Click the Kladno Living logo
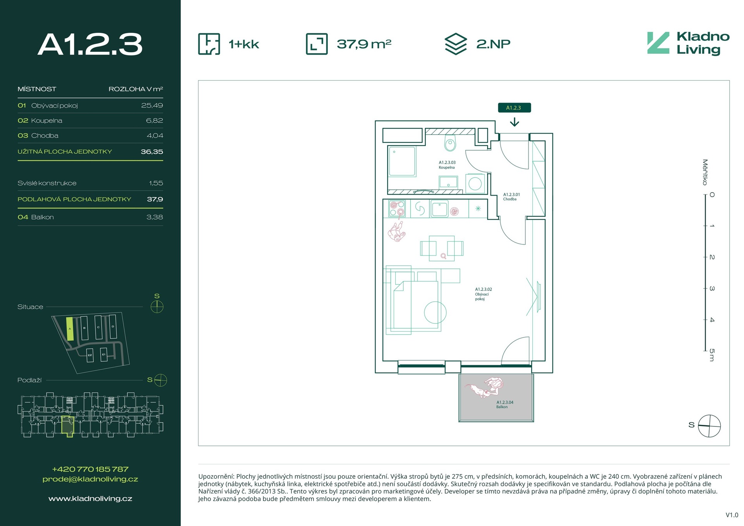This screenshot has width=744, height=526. pyautogui.click(x=688, y=43)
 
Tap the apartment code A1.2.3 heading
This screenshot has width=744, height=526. pyautogui.click(x=90, y=44)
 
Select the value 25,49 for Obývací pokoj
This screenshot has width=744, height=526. pyautogui.click(x=152, y=105)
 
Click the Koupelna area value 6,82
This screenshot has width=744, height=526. pyautogui.click(x=154, y=120)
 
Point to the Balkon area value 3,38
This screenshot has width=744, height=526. pyautogui.click(x=155, y=217)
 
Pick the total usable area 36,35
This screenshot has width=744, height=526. pyautogui.click(x=152, y=152)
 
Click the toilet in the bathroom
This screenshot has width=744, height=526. pyautogui.click(x=450, y=143)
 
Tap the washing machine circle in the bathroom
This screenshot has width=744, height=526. pyautogui.click(x=475, y=183)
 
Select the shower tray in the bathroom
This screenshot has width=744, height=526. pyautogui.click(x=402, y=161)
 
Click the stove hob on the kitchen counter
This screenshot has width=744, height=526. pyautogui.click(x=397, y=208)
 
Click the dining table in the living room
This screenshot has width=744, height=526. pyautogui.click(x=442, y=248)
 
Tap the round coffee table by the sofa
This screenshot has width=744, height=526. pyautogui.click(x=435, y=312)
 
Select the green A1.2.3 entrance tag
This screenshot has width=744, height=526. pyautogui.click(x=514, y=108)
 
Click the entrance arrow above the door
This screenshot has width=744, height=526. pyautogui.click(x=514, y=122)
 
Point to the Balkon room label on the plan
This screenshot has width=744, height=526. pyautogui.click(x=505, y=405)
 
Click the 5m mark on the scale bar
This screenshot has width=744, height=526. pyautogui.click(x=711, y=355)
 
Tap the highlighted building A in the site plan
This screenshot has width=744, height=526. pyautogui.click(x=70, y=329)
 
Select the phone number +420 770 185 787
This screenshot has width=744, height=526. pyautogui.click(x=90, y=469)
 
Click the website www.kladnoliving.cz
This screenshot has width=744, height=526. pyautogui.click(x=90, y=499)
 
